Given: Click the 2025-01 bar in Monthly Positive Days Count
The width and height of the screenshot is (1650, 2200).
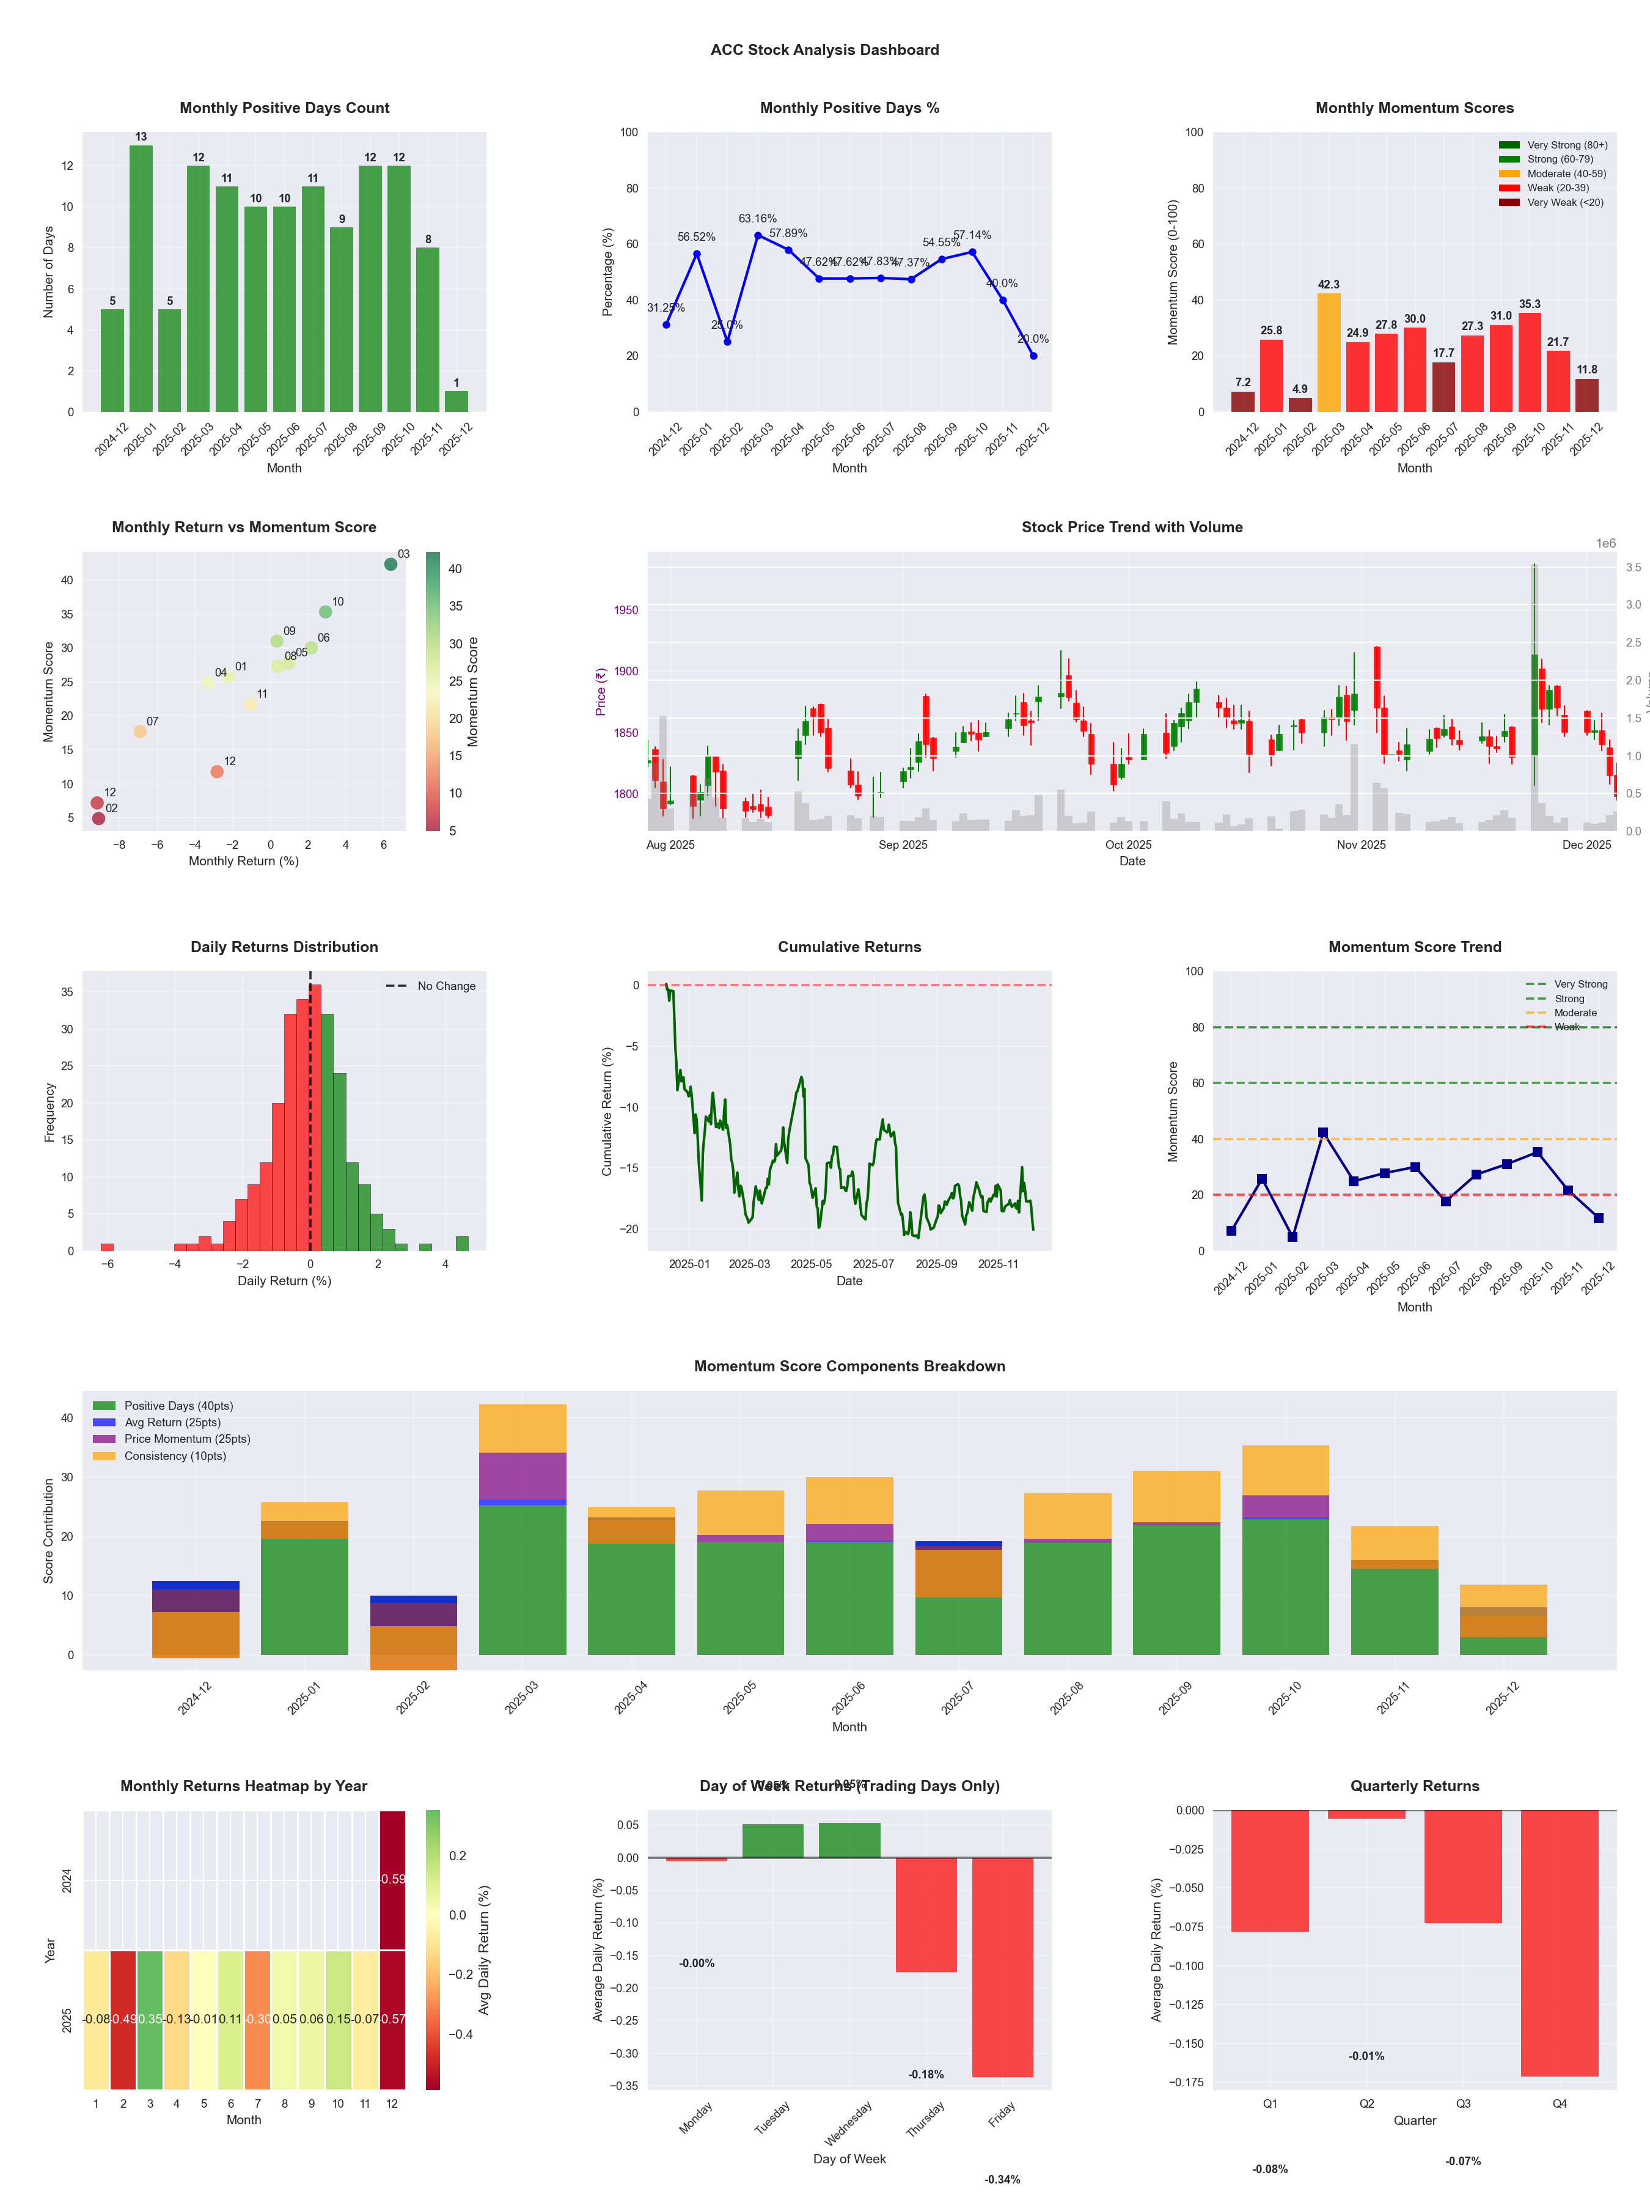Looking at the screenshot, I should coord(141,279).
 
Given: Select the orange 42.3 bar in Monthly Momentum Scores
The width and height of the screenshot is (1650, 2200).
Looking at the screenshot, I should coord(1329,352).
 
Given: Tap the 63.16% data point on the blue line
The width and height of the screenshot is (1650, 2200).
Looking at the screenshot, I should coord(758,236).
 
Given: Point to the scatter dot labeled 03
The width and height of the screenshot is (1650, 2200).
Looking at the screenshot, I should coord(391,564).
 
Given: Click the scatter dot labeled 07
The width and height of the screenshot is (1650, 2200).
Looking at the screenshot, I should coord(140,731).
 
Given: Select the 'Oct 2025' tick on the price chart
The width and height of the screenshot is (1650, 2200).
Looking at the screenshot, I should coord(1128,845).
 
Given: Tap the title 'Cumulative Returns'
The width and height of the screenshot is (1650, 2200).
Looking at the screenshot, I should coord(849,947).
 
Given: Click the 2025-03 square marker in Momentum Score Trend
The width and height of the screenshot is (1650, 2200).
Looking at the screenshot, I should coord(1323,1133).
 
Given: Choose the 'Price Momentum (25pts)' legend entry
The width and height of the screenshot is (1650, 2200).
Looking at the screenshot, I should coord(187,1439).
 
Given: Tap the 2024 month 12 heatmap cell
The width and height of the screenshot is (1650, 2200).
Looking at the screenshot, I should coord(393,1880).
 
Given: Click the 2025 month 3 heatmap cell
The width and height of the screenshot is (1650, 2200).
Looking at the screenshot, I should coord(150,2019).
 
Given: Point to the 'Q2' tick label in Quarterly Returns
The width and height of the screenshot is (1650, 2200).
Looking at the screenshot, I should coord(1366,2103).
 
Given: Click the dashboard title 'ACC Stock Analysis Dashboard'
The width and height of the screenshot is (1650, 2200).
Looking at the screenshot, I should coord(824,50).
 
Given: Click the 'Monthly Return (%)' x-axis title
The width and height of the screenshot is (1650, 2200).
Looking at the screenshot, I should coord(244,861).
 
